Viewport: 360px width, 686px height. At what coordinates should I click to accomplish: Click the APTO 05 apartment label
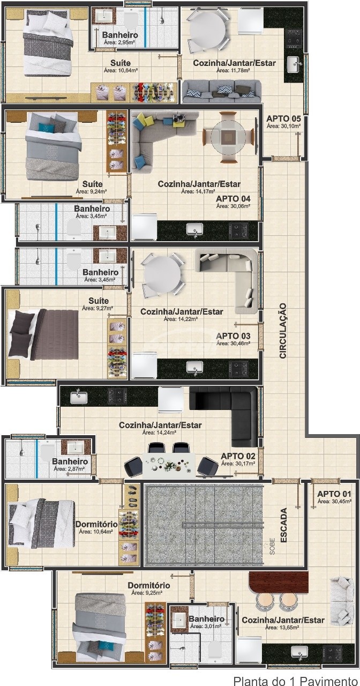click(283, 118)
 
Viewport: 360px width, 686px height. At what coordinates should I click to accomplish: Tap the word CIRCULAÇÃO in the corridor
click(283, 331)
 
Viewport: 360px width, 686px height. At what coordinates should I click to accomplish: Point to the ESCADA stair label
click(283, 525)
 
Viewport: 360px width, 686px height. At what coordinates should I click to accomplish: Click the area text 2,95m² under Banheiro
click(119, 42)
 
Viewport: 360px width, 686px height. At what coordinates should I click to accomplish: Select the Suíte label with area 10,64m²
click(121, 63)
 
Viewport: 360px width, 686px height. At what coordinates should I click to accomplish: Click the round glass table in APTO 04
click(228, 137)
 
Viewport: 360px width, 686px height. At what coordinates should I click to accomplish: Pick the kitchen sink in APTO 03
click(194, 367)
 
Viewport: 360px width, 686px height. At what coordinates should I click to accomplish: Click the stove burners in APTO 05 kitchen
click(293, 39)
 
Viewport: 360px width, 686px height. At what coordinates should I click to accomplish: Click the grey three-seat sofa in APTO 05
click(222, 91)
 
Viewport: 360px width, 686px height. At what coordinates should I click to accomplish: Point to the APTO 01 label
click(334, 494)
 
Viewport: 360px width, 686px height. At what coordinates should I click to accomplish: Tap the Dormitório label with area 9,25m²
click(149, 585)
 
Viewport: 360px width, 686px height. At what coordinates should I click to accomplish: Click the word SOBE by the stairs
click(272, 546)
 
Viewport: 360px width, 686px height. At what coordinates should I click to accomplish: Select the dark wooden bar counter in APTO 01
click(278, 582)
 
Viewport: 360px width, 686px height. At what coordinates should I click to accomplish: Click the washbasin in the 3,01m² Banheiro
click(178, 620)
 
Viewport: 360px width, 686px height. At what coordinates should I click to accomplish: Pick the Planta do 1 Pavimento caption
click(296, 681)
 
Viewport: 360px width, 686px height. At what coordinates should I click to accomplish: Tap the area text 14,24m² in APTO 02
click(159, 433)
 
